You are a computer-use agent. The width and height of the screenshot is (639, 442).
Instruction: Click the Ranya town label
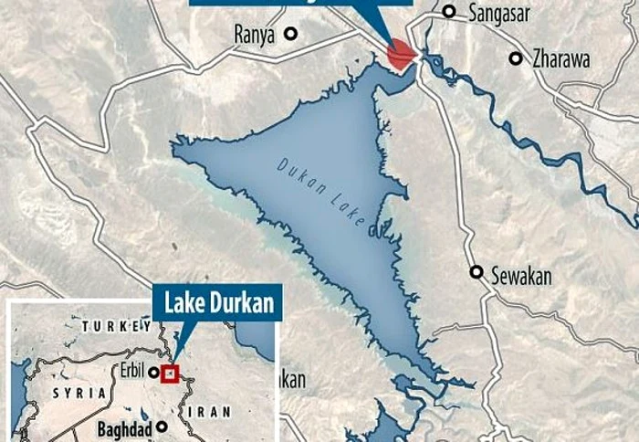(x=256, y=34)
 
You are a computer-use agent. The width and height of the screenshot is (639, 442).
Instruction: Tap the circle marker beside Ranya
(x=290, y=34)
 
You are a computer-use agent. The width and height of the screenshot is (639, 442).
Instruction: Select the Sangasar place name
(x=498, y=12)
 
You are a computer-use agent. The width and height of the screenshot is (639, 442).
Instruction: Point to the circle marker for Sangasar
(x=449, y=12)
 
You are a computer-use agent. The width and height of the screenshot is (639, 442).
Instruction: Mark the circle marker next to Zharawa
(x=516, y=58)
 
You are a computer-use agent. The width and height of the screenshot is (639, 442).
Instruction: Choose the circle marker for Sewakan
(x=477, y=272)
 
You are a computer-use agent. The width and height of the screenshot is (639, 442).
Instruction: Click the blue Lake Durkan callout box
(x=217, y=302)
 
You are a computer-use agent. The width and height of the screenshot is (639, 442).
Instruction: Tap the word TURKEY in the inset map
(x=116, y=326)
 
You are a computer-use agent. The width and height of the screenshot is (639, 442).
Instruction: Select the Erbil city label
(x=132, y=373)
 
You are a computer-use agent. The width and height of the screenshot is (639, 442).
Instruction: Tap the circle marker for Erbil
(x=154, y=373)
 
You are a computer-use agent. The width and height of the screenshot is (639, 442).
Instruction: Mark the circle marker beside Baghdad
(x=162, y=426)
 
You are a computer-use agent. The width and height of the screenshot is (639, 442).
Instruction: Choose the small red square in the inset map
(x=169, y=373)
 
